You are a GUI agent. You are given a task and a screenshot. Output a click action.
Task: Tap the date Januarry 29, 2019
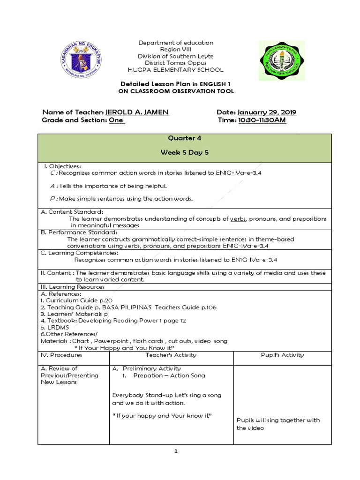tap(267, 112)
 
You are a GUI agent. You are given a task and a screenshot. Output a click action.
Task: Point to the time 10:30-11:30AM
tap(262, 120)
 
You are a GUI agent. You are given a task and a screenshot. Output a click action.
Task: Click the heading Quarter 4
tap(184, 138)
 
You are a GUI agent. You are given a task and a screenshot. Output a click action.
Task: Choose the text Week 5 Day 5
tap(184, 152)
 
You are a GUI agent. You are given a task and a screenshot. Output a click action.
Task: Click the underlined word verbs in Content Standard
tap(238, 219)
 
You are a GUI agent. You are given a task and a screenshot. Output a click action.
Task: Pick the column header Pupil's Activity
tap(282, 355)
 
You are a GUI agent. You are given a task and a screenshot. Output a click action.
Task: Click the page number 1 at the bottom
tap(176, 451)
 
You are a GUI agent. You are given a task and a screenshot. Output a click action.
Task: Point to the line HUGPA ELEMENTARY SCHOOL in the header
tap(176, 69)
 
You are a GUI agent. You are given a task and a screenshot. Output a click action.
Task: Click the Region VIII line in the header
tap(176, 49)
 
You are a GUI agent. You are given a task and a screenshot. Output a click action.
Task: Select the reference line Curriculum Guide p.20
tap(76, 300)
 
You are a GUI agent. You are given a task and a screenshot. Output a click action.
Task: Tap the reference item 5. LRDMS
tap(55, 328)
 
